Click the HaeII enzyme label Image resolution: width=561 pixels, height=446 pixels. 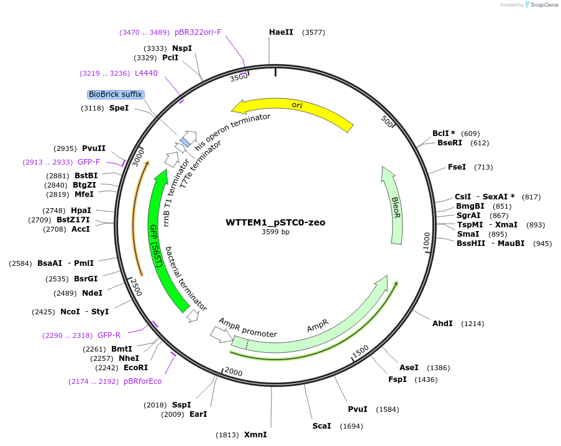pos(281,32)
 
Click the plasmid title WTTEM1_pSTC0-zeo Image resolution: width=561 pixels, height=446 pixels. pos(275,222)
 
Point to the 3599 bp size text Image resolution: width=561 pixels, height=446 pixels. pos(275,232)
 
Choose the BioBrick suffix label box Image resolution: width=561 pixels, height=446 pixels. pos(116,94)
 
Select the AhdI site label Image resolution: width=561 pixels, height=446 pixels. pos(442,324)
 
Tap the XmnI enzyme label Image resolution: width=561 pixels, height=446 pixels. pos(255,434)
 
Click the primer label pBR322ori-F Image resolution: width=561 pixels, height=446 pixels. pos(198,32)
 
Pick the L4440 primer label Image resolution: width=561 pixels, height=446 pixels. pos(146,73)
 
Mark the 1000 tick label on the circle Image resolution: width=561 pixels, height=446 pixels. pos(427,242)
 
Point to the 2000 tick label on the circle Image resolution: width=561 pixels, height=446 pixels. pos(234,371)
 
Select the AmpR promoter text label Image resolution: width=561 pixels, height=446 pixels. pos(247,327)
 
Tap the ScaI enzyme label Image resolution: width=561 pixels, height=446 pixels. pos(322,426)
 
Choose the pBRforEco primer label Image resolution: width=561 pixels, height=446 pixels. pos(142,381)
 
